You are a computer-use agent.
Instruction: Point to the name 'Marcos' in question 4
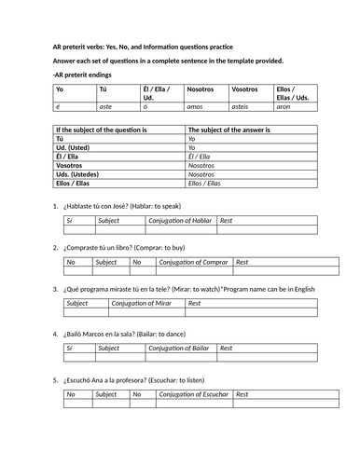pos(105,332)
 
